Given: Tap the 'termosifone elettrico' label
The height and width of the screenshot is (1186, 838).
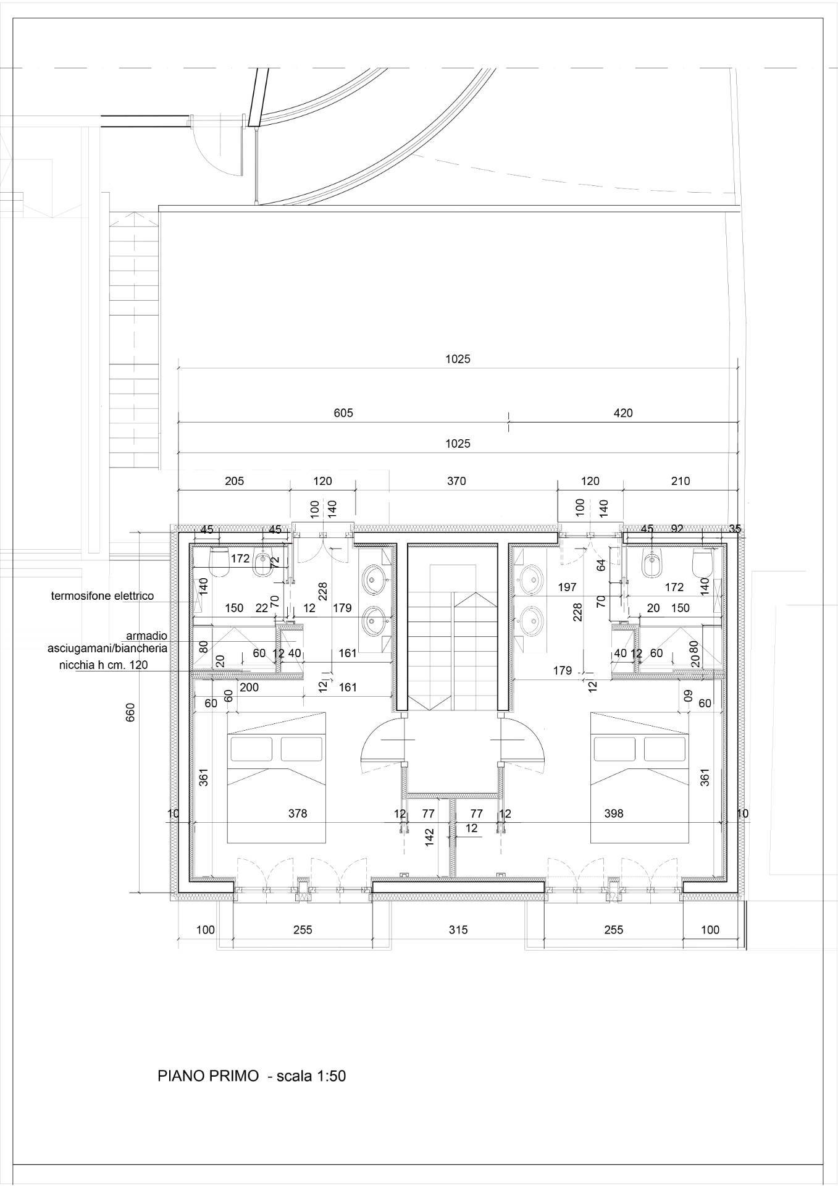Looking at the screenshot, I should [x=102, y=596].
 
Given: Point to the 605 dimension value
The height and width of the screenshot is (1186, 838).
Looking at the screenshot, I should [x=343, y=413].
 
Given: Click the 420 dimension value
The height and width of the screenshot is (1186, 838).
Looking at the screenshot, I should [x=623, y=413].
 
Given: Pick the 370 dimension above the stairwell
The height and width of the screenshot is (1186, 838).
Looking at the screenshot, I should [x=456, y=481].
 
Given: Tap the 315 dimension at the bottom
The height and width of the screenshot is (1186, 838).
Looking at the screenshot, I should [x=458, y=929].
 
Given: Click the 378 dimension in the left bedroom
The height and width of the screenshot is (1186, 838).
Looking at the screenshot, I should [x=298, y=814].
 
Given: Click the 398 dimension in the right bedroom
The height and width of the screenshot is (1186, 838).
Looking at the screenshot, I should [x=614, y=814].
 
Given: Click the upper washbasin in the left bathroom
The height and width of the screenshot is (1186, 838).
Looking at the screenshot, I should [x=374, y=579].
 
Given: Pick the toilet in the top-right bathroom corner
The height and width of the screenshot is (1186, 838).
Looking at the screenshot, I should [x=702, y=561].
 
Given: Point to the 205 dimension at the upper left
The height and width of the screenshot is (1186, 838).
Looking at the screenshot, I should [x=234, y=481].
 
